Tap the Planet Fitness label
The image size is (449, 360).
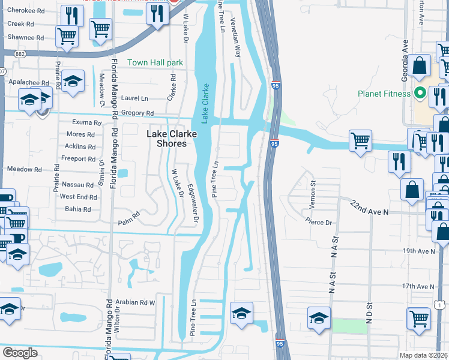pyautogui.click(x=384, y=94)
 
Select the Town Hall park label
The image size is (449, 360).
pyautogui.click(x=155, y=62)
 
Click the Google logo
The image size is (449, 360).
pyautogui.click(x=20, y=353)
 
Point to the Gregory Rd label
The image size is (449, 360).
pyautogui.click(x=137, y=113)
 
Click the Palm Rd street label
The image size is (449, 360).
pyautogui.click(x=133, y=213)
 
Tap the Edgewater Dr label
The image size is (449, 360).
pyautogui.click(x=192, y=204)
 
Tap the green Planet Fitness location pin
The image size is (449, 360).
pyautogui.click(x=420, y=93)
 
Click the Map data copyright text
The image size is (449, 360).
pyautogui.click(x=424, y=354)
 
